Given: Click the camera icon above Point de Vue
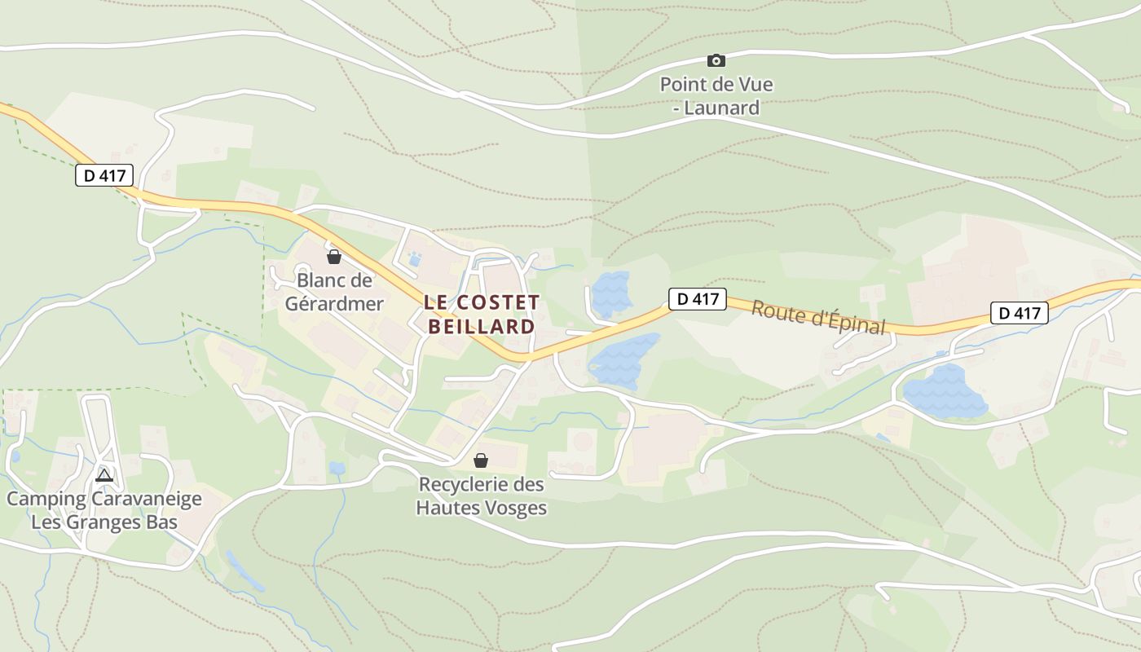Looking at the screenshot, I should point(716,60).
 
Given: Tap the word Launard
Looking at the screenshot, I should point(721,108).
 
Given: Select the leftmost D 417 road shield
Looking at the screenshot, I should point(104,175).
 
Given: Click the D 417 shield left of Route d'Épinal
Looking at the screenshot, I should point(697,299).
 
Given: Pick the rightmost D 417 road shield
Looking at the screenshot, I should point(1019,312).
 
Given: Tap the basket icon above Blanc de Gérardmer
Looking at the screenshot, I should point(333,258).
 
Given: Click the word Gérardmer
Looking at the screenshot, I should point(333,304).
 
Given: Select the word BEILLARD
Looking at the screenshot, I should point(481,327).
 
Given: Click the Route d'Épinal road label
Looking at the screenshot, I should point(817,317).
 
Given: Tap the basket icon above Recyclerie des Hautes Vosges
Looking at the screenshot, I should point(481,460).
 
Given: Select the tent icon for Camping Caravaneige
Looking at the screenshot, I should point(104,475).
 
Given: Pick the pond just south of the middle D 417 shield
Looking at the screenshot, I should point(623,361).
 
